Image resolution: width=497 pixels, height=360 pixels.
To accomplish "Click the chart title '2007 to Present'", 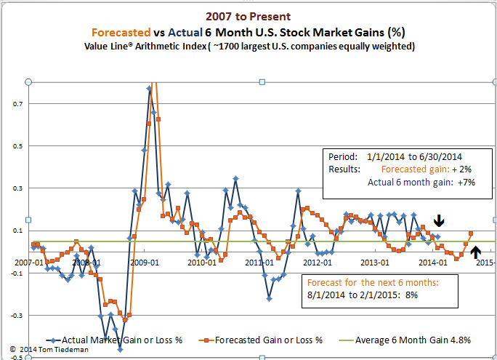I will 248,16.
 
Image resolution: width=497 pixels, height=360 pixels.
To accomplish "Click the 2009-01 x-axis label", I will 145,262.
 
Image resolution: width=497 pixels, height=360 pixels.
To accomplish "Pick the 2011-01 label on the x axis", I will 259,262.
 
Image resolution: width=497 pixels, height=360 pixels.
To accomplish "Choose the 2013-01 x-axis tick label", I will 375,262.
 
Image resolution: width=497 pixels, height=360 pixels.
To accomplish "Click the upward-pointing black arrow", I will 475,252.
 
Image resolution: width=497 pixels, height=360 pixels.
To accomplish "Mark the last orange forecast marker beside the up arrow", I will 471,233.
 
